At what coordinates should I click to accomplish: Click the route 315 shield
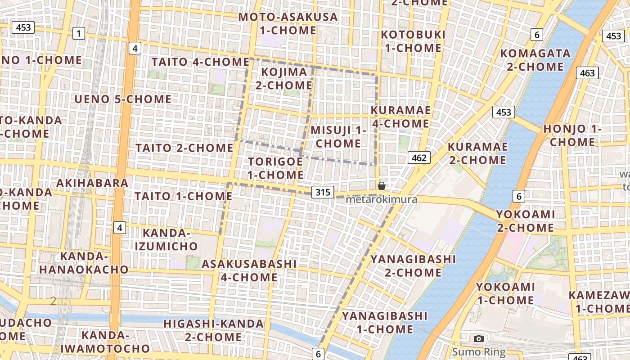pyautogui.click(x=323, y=193)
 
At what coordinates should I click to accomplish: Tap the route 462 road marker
pyautogui.click(x=419, y=157)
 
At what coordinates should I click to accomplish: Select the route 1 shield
pyautogui.click(x=79, y=33)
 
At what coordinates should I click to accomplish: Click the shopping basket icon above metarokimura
pyautogui.click(x=382, y=186)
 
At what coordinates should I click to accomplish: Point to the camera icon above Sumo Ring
pyautogui.click(x=479, y=338)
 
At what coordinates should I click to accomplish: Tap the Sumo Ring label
pyautogui.click(x=479, y=352)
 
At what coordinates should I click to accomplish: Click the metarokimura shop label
pyautogui.click(x=382, y=199)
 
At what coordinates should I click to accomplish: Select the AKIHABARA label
pyautogui.click(x=92, y=183)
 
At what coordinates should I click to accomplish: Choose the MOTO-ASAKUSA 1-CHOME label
pyautogui.click(x=288, y=24)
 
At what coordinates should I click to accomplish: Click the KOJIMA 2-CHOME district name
pyautogui.click(x=284, y=78)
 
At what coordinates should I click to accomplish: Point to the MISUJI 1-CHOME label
pyautogui.click(x=338, y=137)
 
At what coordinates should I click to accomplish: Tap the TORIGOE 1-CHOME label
pyautogui.click(x=275, y=168)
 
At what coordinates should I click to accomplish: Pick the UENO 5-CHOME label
pyautogui.click(x=123, y=99)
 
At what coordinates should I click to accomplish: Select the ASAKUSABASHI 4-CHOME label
pyautogui.click(x=249, y=270)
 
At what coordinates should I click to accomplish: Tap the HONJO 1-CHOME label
pyautogui.click(x=572, y=135)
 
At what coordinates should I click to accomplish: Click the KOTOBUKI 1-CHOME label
pyautogui.click(x=413, y=41)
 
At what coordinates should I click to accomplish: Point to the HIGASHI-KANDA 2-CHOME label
pyautogui.click(x=214, y=330)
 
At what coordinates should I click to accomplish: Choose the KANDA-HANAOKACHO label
pyautogui.click(x=83, y=263)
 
